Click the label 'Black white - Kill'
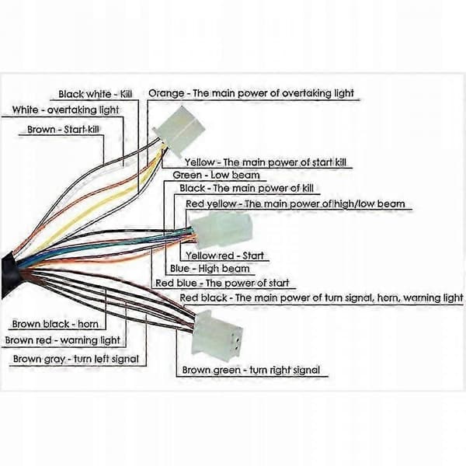(95, 94)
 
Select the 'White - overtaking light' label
(65, 110)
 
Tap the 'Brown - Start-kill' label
(63, 129)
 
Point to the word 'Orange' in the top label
(166, 93)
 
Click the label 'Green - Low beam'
(216, 175)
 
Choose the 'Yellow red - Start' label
(224, 256)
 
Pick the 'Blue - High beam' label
(210, 269)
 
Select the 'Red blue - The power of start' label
(222, 283)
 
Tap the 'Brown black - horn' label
(55, 324)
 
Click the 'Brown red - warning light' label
(63, 340)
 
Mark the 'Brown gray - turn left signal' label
(76, 359)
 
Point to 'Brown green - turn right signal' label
(251, 370)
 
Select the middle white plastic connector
(221, 230)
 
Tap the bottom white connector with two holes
(217, 332)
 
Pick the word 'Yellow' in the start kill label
(200, 162)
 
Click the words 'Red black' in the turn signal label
(203, 297)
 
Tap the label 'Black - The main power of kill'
(246, 188)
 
